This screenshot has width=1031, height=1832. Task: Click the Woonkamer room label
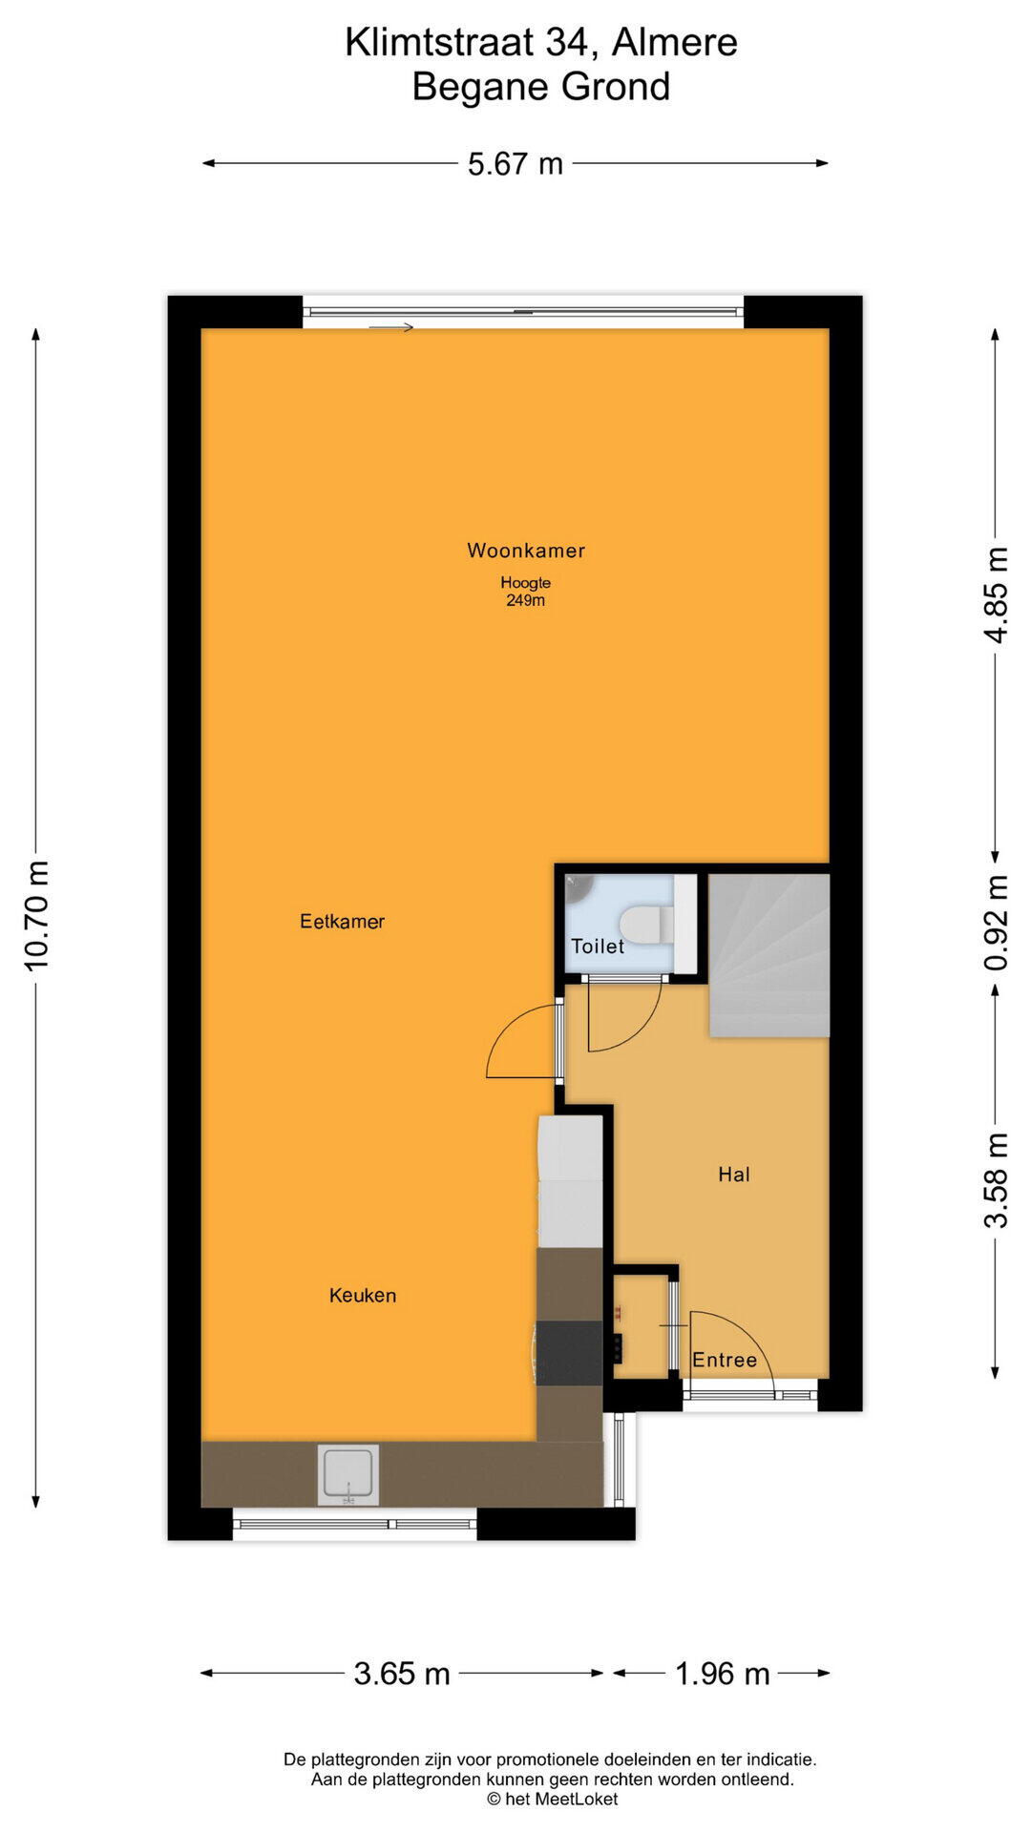(x=526, y=551)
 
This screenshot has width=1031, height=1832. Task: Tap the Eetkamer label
(x=342, y=922)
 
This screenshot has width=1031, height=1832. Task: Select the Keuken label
(x=363, y=1296)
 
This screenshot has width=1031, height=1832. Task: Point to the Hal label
(x=734, y=1175)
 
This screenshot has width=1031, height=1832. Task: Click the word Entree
(x=725, y=1361)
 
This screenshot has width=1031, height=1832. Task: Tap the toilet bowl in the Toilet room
(x=642, y=925)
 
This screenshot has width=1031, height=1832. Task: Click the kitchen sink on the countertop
(x=348, y=1475)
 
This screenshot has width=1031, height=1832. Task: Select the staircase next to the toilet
(x=768, y=955)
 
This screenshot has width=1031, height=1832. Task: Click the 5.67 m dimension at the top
(x=515, y=164)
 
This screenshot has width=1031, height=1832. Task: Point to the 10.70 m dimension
(x=36, y=916)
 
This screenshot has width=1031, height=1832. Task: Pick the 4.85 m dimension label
(x=996, y=595)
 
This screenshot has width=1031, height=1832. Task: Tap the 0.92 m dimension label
(x=996, y=923)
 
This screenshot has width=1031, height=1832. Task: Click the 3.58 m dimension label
(x=996, y=1180)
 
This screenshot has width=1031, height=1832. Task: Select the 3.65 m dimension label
(x=402, y=1674)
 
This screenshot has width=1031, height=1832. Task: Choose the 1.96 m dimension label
(x=723, y=1674)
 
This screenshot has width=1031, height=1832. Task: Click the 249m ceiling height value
(x=526, y=601)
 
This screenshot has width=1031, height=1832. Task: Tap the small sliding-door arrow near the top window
(x=391, y=328)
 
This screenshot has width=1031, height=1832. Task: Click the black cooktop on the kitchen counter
(x=570, y=1353)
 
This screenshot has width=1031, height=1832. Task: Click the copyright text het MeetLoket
(x=553, y=1800)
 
